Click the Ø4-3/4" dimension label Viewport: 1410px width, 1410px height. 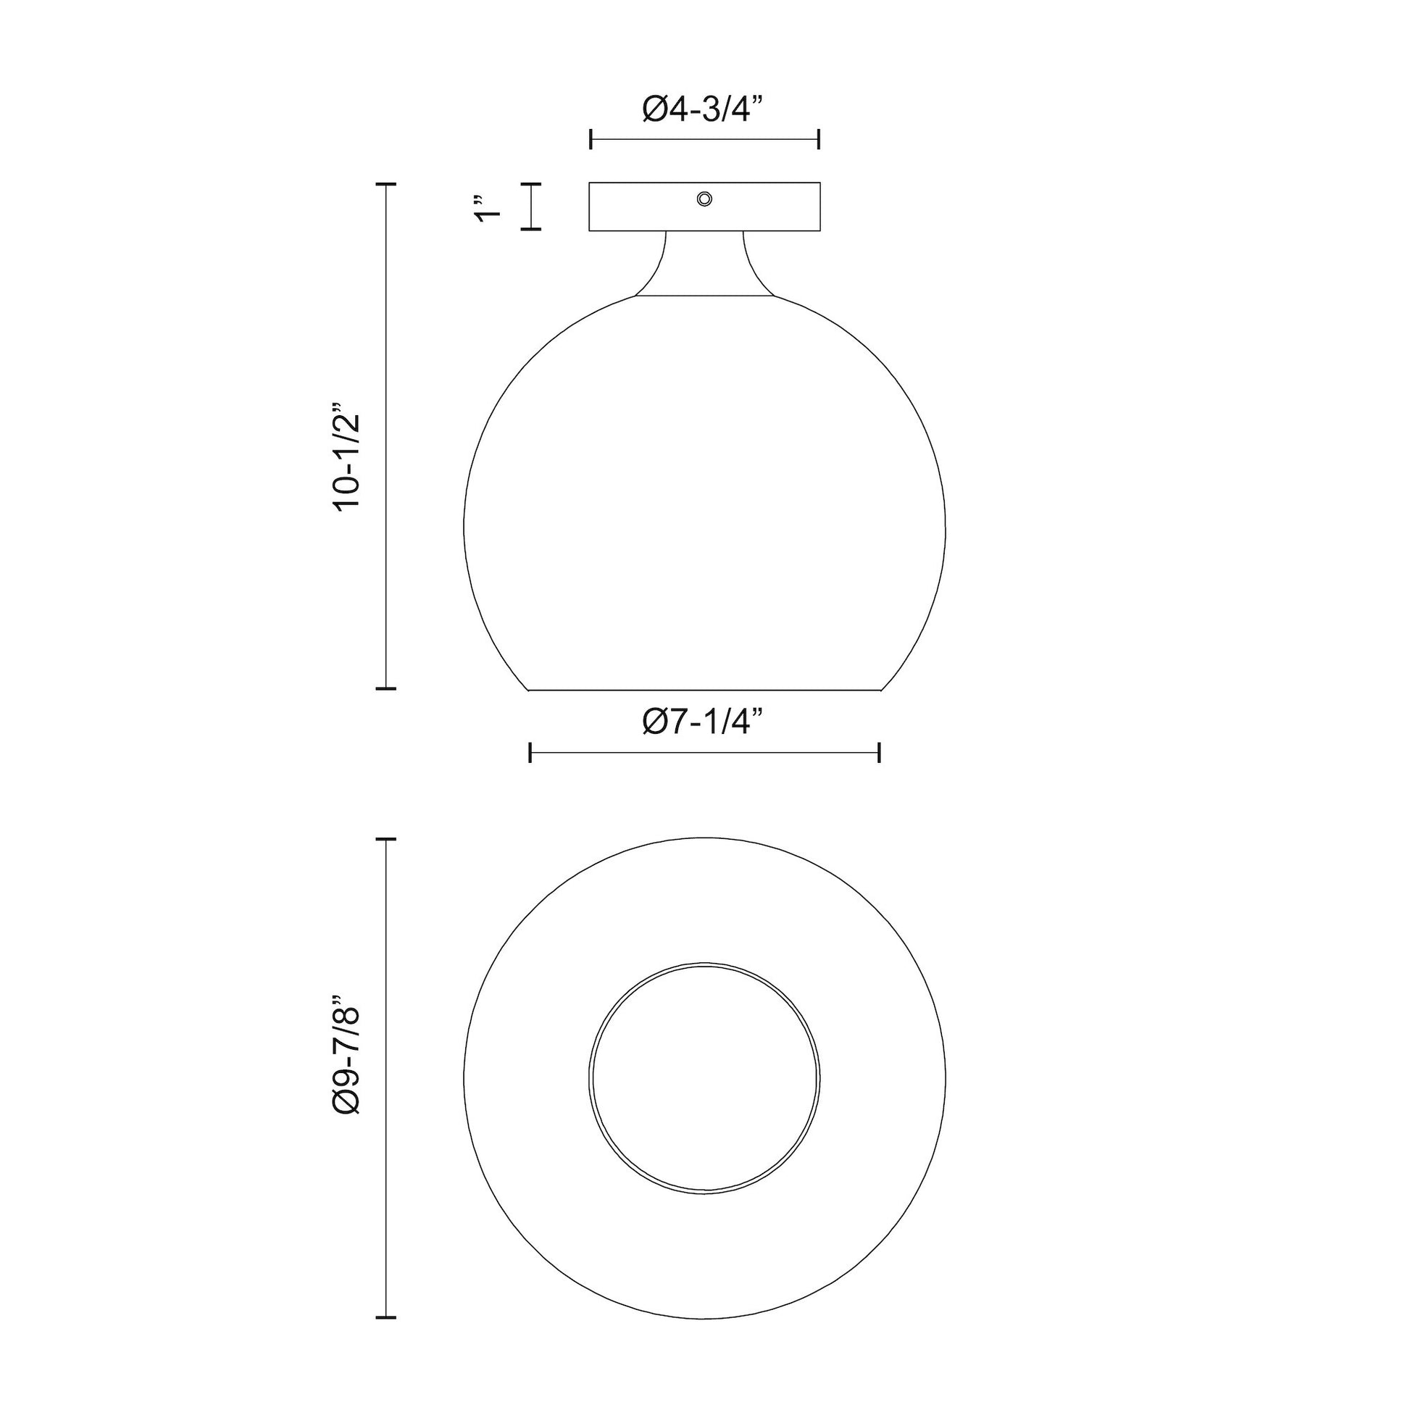704,110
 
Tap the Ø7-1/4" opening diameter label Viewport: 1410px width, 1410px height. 704,722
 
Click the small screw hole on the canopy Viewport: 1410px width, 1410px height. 704,199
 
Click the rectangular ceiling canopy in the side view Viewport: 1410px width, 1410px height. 642,207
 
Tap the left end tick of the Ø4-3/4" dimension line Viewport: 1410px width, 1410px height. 591,138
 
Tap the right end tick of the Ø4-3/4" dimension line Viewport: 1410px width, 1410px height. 819,138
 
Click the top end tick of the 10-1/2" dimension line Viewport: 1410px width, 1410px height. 385,185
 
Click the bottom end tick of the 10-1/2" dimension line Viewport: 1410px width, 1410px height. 385,688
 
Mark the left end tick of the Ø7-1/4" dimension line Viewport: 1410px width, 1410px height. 530,752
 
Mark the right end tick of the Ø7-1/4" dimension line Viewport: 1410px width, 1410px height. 880,752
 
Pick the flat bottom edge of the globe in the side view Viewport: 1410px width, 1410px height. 704,689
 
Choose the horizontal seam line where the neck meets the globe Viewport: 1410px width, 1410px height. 704,296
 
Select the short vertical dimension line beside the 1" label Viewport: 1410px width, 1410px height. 531,207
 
